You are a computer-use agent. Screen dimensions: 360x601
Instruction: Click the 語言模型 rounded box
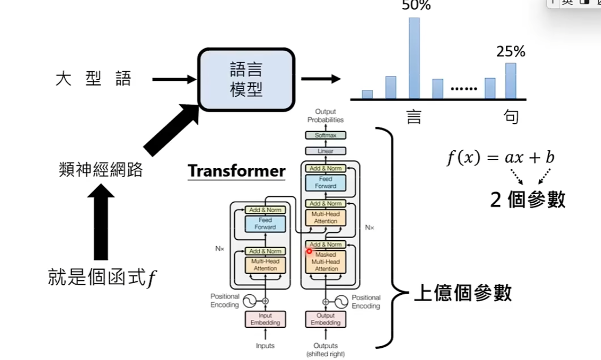point(246,79)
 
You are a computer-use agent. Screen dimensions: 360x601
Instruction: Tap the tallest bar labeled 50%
point(414,58)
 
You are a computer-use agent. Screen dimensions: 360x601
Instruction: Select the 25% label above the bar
point(511,52)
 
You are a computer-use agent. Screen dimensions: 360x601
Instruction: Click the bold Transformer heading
point(236,171)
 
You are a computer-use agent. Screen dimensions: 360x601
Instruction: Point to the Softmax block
point(325,135)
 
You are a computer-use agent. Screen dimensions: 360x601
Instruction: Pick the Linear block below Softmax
point(325,151)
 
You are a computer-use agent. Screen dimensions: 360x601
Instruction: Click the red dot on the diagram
point(309,251)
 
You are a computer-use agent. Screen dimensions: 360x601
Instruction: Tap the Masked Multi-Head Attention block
point(326,262)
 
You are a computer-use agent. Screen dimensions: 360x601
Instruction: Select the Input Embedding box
point(265,319)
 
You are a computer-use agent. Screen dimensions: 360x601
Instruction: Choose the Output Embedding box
point(326,319)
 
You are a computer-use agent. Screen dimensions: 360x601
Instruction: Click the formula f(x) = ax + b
point(500,158)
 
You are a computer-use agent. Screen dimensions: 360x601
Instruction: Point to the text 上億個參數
point(463,293)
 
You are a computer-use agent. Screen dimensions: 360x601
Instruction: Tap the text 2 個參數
point(528,199)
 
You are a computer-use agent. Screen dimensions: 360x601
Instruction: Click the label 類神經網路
point(101,170)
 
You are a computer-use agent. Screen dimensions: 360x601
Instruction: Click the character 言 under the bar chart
point(414,117)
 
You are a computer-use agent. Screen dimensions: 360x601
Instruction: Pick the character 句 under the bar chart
point(511,117)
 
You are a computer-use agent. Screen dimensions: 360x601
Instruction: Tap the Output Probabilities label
point(325,116)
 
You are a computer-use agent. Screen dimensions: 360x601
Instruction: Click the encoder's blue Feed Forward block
point(265,224)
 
